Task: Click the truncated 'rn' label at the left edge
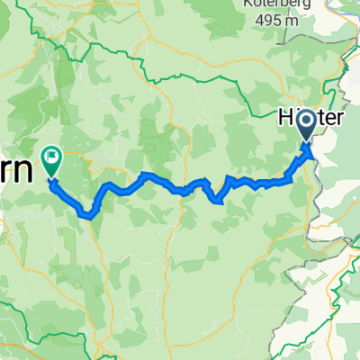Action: (18, 165)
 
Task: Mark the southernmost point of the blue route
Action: (88, 215)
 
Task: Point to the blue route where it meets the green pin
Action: (52, 181)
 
